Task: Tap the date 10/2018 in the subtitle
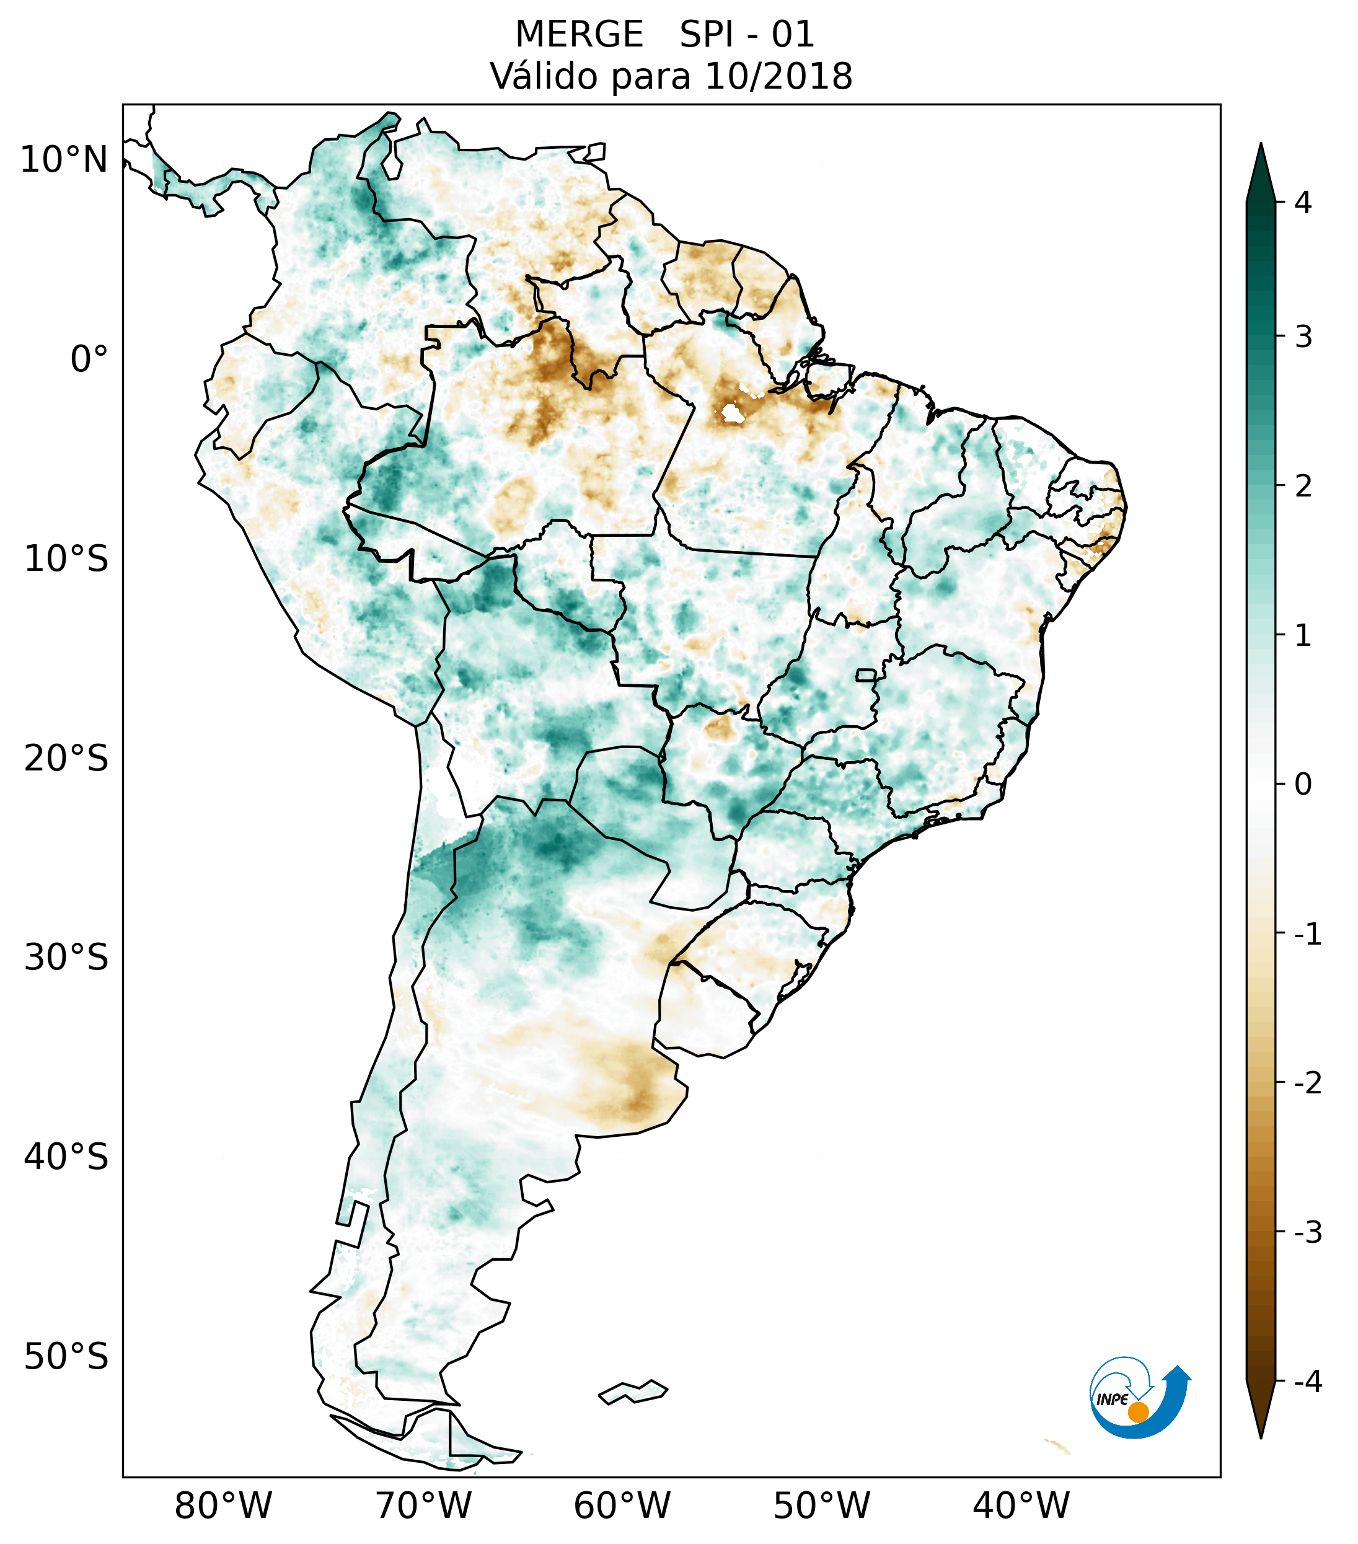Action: pyautogui.click(x=778, y=76)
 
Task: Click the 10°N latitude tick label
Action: pyautogui.click(x=64, y=160)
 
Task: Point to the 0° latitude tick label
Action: pyautogui.click(x=89, y=360)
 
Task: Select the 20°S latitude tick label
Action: pyautogui.click(x=66, y=759)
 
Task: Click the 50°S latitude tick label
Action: pyautogui.click(x=66, y=1357)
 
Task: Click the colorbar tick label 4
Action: pyautogui.click(x=1303, y=203)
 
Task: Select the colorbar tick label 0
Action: pyautogui.click(x=1303, y=785)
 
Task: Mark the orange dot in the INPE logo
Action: pyautogui.click(x=1137, y=1412)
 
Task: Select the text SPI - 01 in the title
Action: pyautogui.click(x=747, y=35)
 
